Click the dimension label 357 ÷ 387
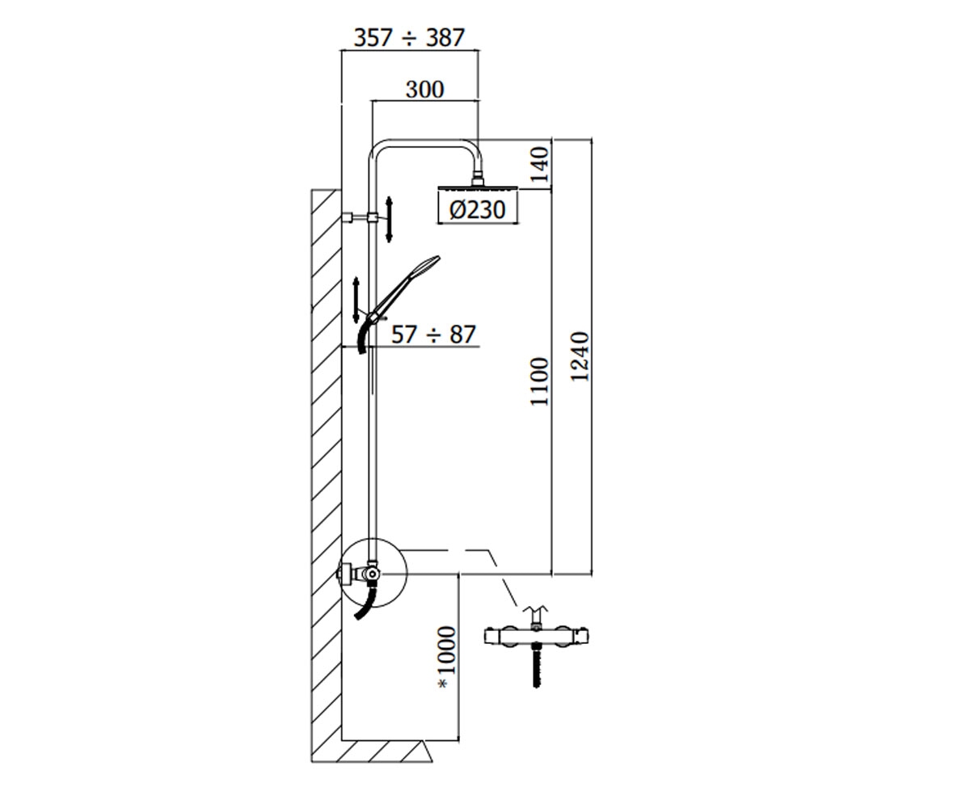click(x=409, y=38)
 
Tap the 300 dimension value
click(x=424, y=89)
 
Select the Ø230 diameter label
click(x=478, y=210)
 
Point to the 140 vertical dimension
click(x=540, y=164)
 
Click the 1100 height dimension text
click(x=539, y=381)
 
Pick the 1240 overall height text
click(x=580, y=356)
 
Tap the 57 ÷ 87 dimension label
click(x=433, y=335)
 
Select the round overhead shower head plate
click(x=478, y=187)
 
